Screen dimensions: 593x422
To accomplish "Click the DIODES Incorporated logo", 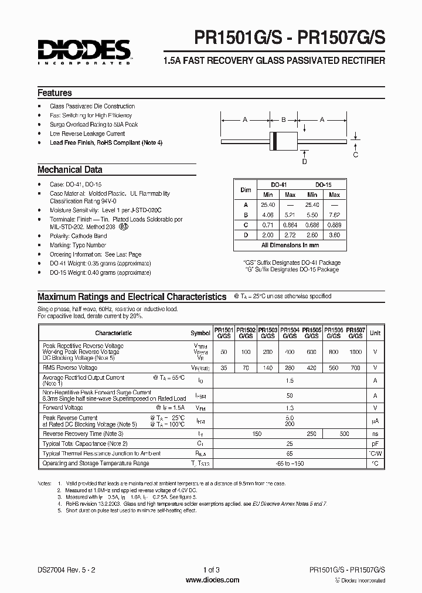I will point(84,52).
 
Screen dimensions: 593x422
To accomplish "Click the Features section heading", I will point(55,93).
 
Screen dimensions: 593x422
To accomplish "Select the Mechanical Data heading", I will point(70,170).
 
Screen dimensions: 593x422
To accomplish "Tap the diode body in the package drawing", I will point(284,141).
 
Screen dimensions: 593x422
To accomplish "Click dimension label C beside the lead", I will point(355,155).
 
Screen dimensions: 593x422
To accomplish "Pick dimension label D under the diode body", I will point(304,161).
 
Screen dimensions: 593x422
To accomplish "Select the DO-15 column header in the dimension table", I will point(323,184).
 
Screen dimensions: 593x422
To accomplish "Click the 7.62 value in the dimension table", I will point(334,214).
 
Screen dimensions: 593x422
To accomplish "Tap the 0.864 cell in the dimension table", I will point(290,224).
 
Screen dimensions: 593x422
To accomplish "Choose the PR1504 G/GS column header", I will point(290,333).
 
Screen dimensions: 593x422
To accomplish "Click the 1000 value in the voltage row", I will point(356,352).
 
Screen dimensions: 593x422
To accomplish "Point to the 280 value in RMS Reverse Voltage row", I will point(290,368).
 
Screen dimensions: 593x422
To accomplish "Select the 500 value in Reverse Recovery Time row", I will point(345,434).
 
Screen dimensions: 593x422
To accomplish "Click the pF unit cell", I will point(375,444).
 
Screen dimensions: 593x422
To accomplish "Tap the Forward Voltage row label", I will point(63,407).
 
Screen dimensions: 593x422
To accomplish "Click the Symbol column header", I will point(200,333).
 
